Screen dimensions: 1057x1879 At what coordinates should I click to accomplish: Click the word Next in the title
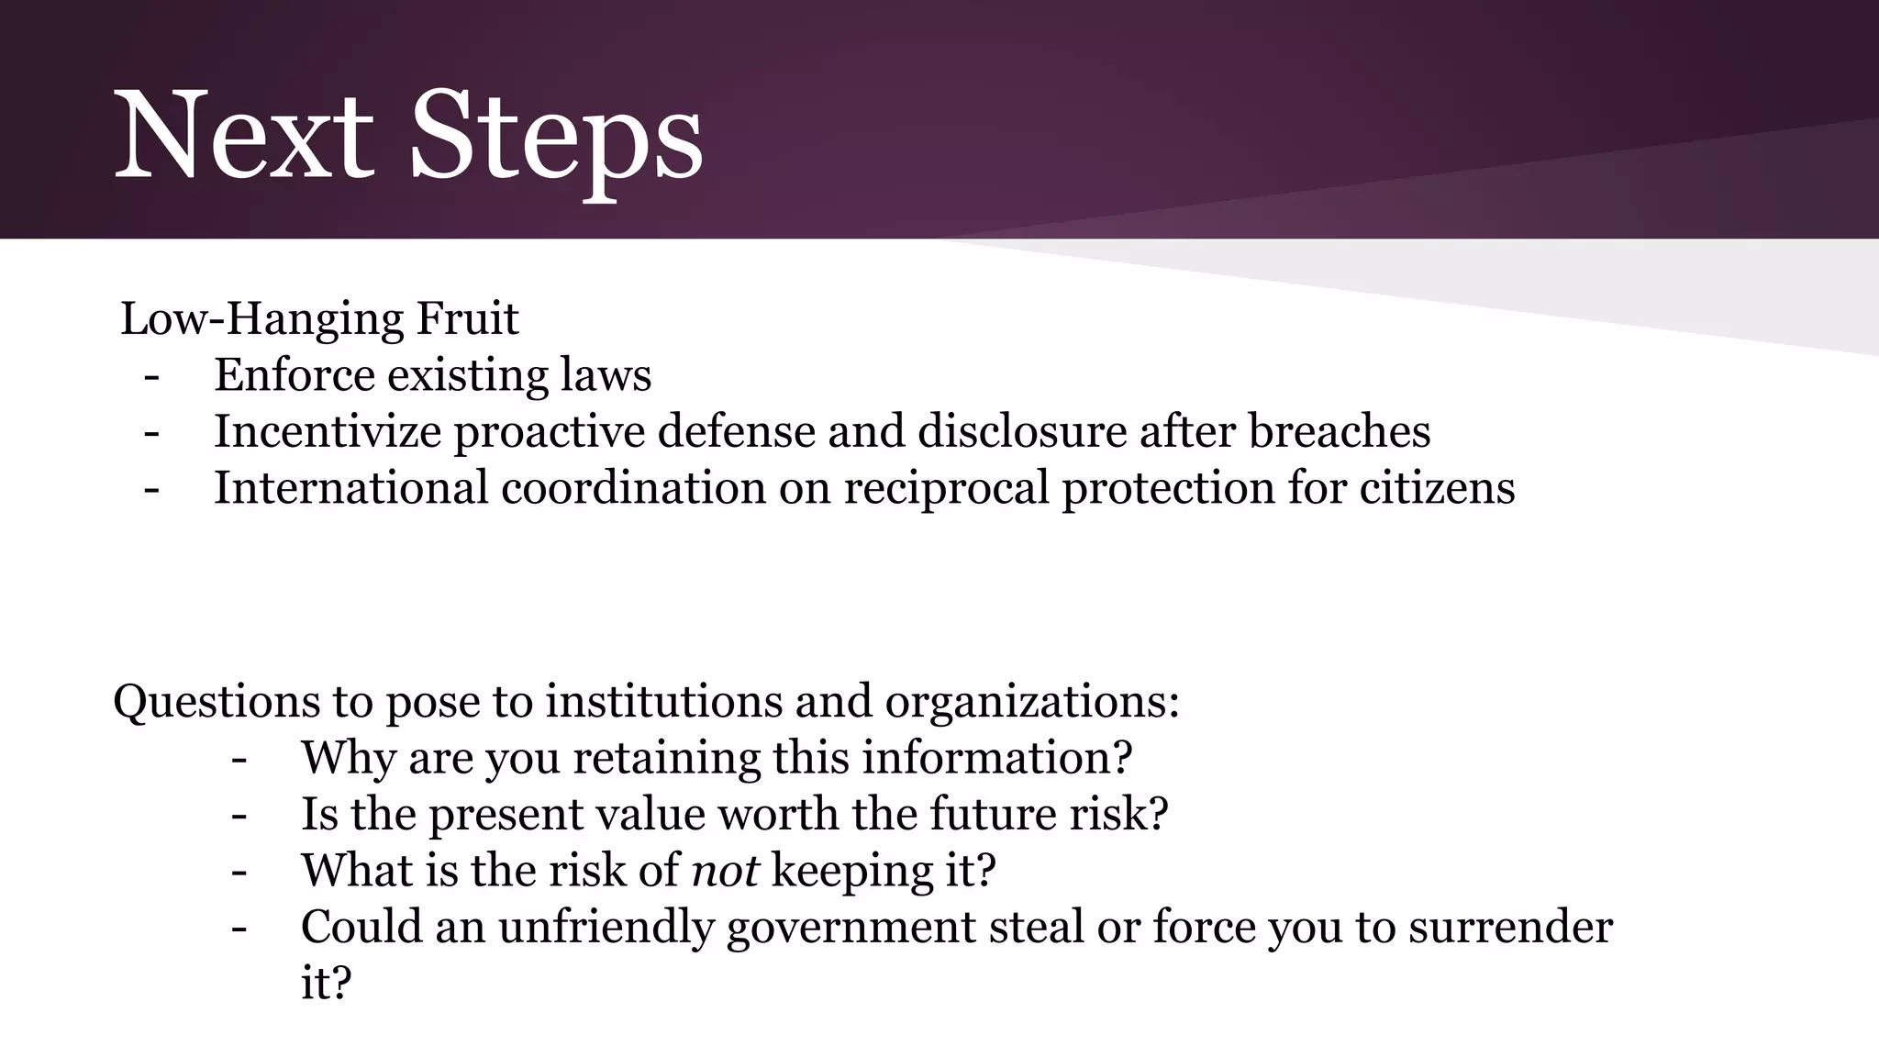pos(243,136)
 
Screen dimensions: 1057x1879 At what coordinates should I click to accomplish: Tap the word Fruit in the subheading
pos(467,319)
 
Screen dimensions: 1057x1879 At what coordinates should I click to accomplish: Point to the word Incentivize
pos(328,431)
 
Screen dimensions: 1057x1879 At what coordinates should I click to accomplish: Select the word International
pos(351,487)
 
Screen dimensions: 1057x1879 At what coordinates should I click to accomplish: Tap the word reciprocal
pos(946,489)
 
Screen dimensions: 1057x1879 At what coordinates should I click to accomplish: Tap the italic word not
pos(725,871)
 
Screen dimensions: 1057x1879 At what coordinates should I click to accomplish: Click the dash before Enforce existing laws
pos(151,376)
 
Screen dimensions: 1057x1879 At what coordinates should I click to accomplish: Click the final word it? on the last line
pos(326,983)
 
